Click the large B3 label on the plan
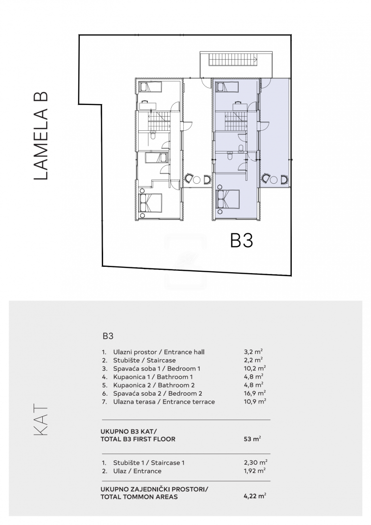tap(242, 241)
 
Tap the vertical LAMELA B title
tap(41, 136)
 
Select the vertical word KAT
tap(41, 420)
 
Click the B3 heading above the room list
tap(108, 336)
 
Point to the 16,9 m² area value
tap(255, 393)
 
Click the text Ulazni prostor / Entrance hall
tap(159, 352)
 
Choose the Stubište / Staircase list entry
tap(144, 360)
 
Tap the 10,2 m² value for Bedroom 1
tap(255, 368)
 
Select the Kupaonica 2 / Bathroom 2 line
tap(154, 385)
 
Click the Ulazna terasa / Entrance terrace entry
tap(164, 402)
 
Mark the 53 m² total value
tap(252, 438)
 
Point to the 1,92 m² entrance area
tap(255, 471)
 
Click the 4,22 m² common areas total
tap(255, 496)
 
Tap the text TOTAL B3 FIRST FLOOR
tap(138, 439)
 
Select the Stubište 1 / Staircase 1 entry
tap(149, 463)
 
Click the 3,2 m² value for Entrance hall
tap(253, 352)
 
